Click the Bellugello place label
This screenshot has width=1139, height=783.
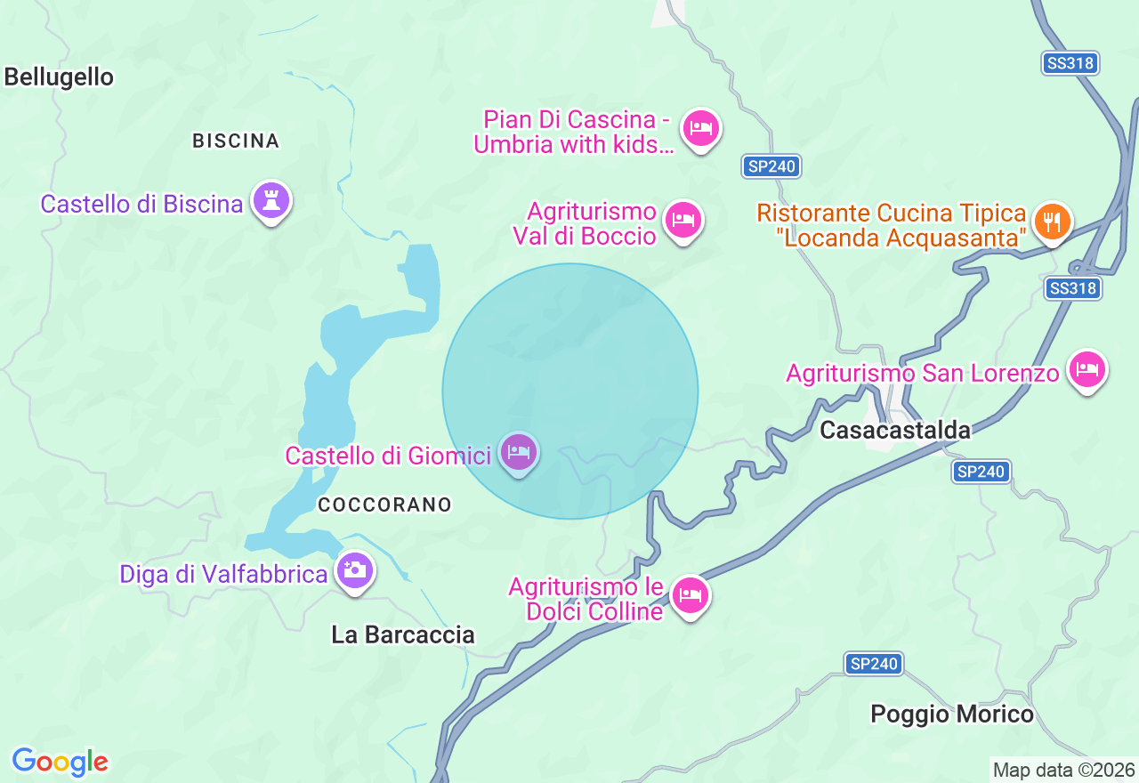pos(59,77)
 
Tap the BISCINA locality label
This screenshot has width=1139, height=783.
pos(236,141)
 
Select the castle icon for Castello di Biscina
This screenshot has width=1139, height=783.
pos(271,201)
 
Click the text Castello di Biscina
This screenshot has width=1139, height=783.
pos(141,204)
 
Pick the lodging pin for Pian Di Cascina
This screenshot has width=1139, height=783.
pos(701,129)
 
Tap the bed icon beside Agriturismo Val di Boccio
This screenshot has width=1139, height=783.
pos(683,219)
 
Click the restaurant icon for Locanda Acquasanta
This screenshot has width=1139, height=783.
pos(1053,221)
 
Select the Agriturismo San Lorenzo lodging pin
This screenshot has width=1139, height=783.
pos(1086,368)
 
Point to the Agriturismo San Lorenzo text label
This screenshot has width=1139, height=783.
pos(923,373)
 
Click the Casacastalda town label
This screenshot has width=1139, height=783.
pos(894,431)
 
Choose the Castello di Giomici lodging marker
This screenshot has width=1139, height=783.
pos(519,453)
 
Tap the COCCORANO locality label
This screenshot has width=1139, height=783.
pos(384,505)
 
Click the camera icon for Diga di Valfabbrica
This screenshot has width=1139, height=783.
pos(354,569)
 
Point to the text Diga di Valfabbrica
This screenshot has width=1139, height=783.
pos(223,574)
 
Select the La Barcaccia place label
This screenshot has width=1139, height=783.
pos(402,634)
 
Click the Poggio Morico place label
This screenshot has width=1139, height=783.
pos(952,714)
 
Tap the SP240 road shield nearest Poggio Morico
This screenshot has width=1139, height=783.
pos(873,663)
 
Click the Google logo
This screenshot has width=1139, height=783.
pos(60,762)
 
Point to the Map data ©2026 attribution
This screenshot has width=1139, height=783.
pos(1063,770)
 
